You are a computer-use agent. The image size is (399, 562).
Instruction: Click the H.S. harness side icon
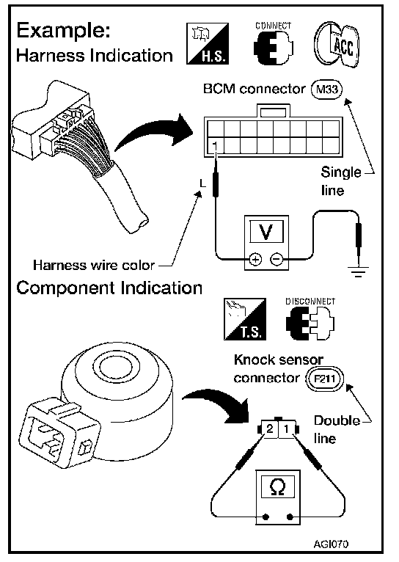pos(208,44)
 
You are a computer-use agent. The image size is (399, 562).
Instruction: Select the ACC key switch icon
pos(337,45)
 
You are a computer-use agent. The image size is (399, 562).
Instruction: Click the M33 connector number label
pos(327,89)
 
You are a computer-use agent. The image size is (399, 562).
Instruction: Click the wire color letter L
pos(203,183)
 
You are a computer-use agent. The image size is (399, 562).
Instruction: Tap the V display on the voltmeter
pos(266,232)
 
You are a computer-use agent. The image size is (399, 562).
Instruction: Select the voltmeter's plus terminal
pos(255,259)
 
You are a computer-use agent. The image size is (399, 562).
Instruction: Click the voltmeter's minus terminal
pos(277,259)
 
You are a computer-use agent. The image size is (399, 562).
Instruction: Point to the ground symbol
pos(358,271)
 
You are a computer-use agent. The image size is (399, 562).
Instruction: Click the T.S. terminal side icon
pos(245,319)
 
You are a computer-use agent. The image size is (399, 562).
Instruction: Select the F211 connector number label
pos(324,379)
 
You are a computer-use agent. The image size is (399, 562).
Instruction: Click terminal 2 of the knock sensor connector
pos(270,428)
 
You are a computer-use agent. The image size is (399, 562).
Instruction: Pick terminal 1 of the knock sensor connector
pos(287,428)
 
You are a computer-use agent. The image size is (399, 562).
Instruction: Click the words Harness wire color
pos(94,266)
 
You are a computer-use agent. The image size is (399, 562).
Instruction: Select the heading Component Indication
pos(109,288)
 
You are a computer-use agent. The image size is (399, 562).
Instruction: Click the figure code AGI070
pos(331,544)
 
